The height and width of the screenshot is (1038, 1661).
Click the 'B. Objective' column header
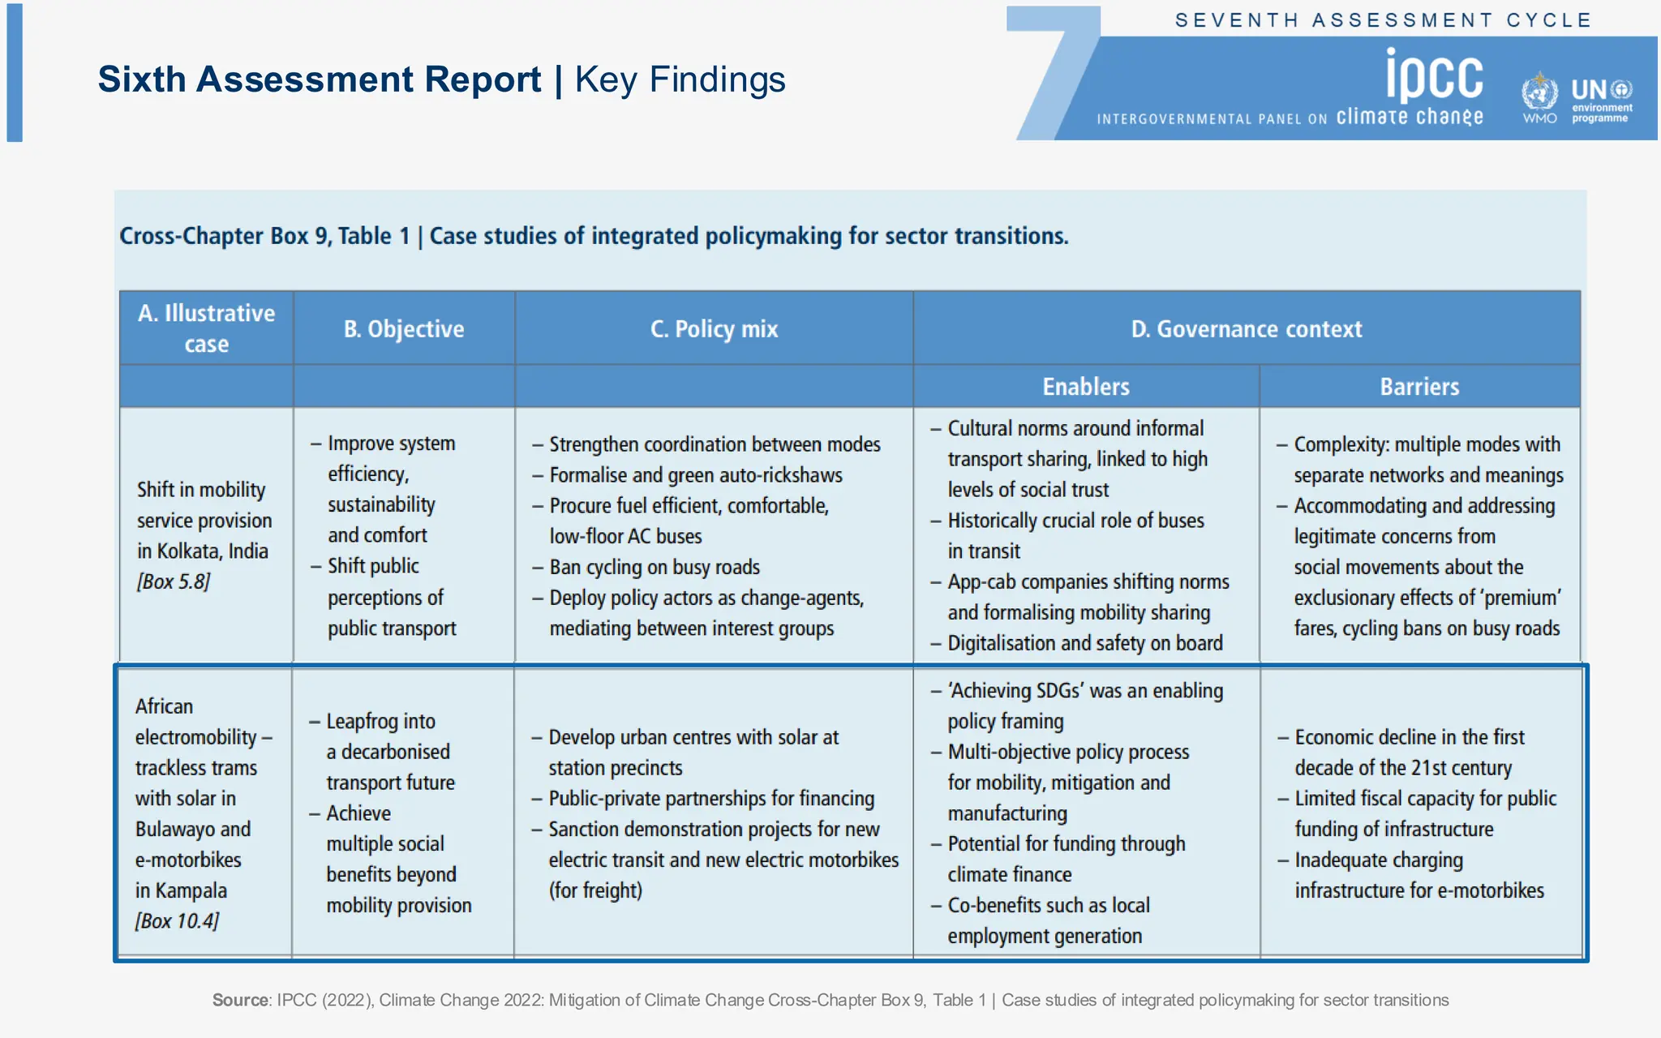tap(404, 329)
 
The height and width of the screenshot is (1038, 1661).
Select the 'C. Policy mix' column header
tap(714, 329)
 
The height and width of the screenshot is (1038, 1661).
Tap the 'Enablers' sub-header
tap(1085, 387)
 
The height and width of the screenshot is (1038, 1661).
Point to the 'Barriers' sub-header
tap(1419, 387)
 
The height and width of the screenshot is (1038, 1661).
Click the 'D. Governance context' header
tap(1247, 329)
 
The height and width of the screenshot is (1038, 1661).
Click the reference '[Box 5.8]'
tap(174, 582)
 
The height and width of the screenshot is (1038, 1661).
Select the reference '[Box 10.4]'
tap(177, 921)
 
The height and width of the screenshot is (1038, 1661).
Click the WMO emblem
tap(1539, 93)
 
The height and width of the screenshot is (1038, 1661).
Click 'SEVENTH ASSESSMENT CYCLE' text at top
tap(1383, 20)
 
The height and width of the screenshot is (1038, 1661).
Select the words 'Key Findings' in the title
tap(680, 79)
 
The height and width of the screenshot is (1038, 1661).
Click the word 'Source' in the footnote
tap(240, 1000)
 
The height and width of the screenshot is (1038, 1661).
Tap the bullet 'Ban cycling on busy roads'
tap(654, 567)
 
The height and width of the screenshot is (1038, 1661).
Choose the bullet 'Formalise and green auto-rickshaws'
tap(695, 475)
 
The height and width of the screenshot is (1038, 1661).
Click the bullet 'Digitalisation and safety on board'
tap(1084, 643)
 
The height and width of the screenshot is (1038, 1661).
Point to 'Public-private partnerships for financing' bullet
tap(711, 799)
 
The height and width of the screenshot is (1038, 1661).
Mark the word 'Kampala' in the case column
tap(191, 890)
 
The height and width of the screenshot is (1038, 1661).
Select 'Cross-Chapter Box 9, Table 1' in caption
tap(264, 236)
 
